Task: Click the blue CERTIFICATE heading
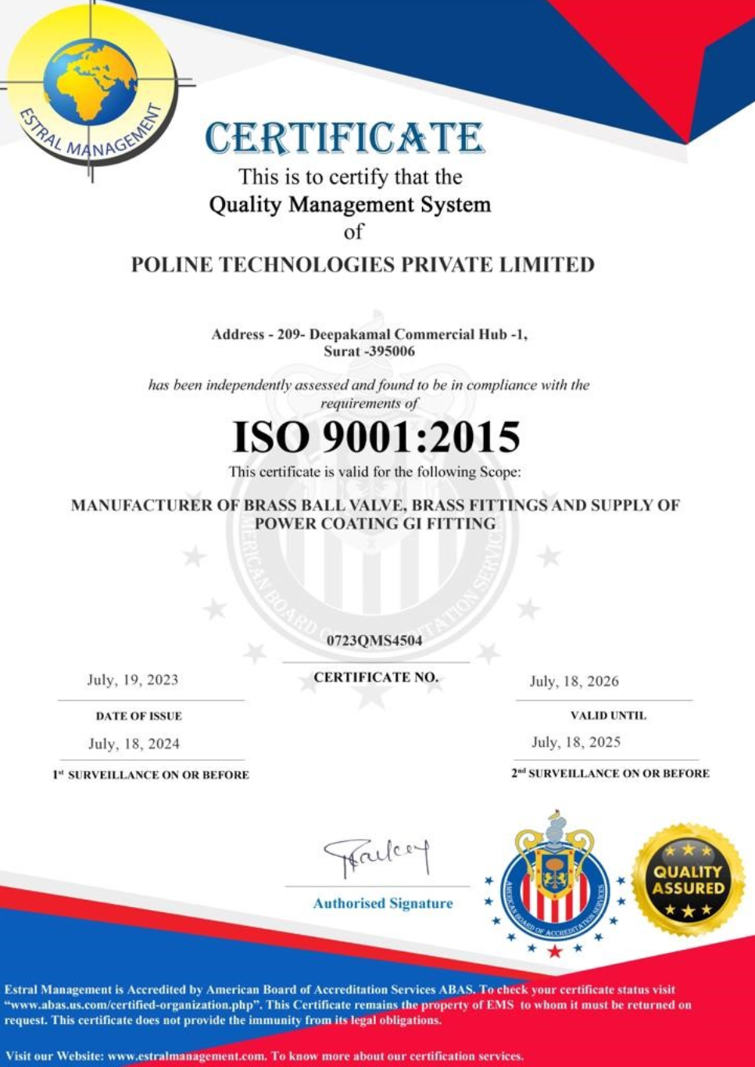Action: click(345, 139)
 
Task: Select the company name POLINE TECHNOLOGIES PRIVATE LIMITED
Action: click(363, 265)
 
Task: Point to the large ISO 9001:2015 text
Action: click(377, 437)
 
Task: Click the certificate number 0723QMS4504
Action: click(375, 641)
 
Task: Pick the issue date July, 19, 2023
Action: click(133, 680)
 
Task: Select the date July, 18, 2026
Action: click(574, 681)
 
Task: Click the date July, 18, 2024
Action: click(134, 744)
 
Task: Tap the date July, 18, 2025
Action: click(576, 742)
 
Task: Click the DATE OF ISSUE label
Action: click(139, 715)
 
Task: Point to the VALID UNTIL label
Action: click(608, 715)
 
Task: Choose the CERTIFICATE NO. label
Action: click(376, 677)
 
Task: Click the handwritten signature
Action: click(377, 856)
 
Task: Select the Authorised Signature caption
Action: click(383, 903)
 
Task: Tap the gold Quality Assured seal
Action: click(688, 880)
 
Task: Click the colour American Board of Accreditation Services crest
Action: click(554, 883)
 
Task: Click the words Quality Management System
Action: click(350, 205)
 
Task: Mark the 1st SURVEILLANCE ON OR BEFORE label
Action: click(151, 775)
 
